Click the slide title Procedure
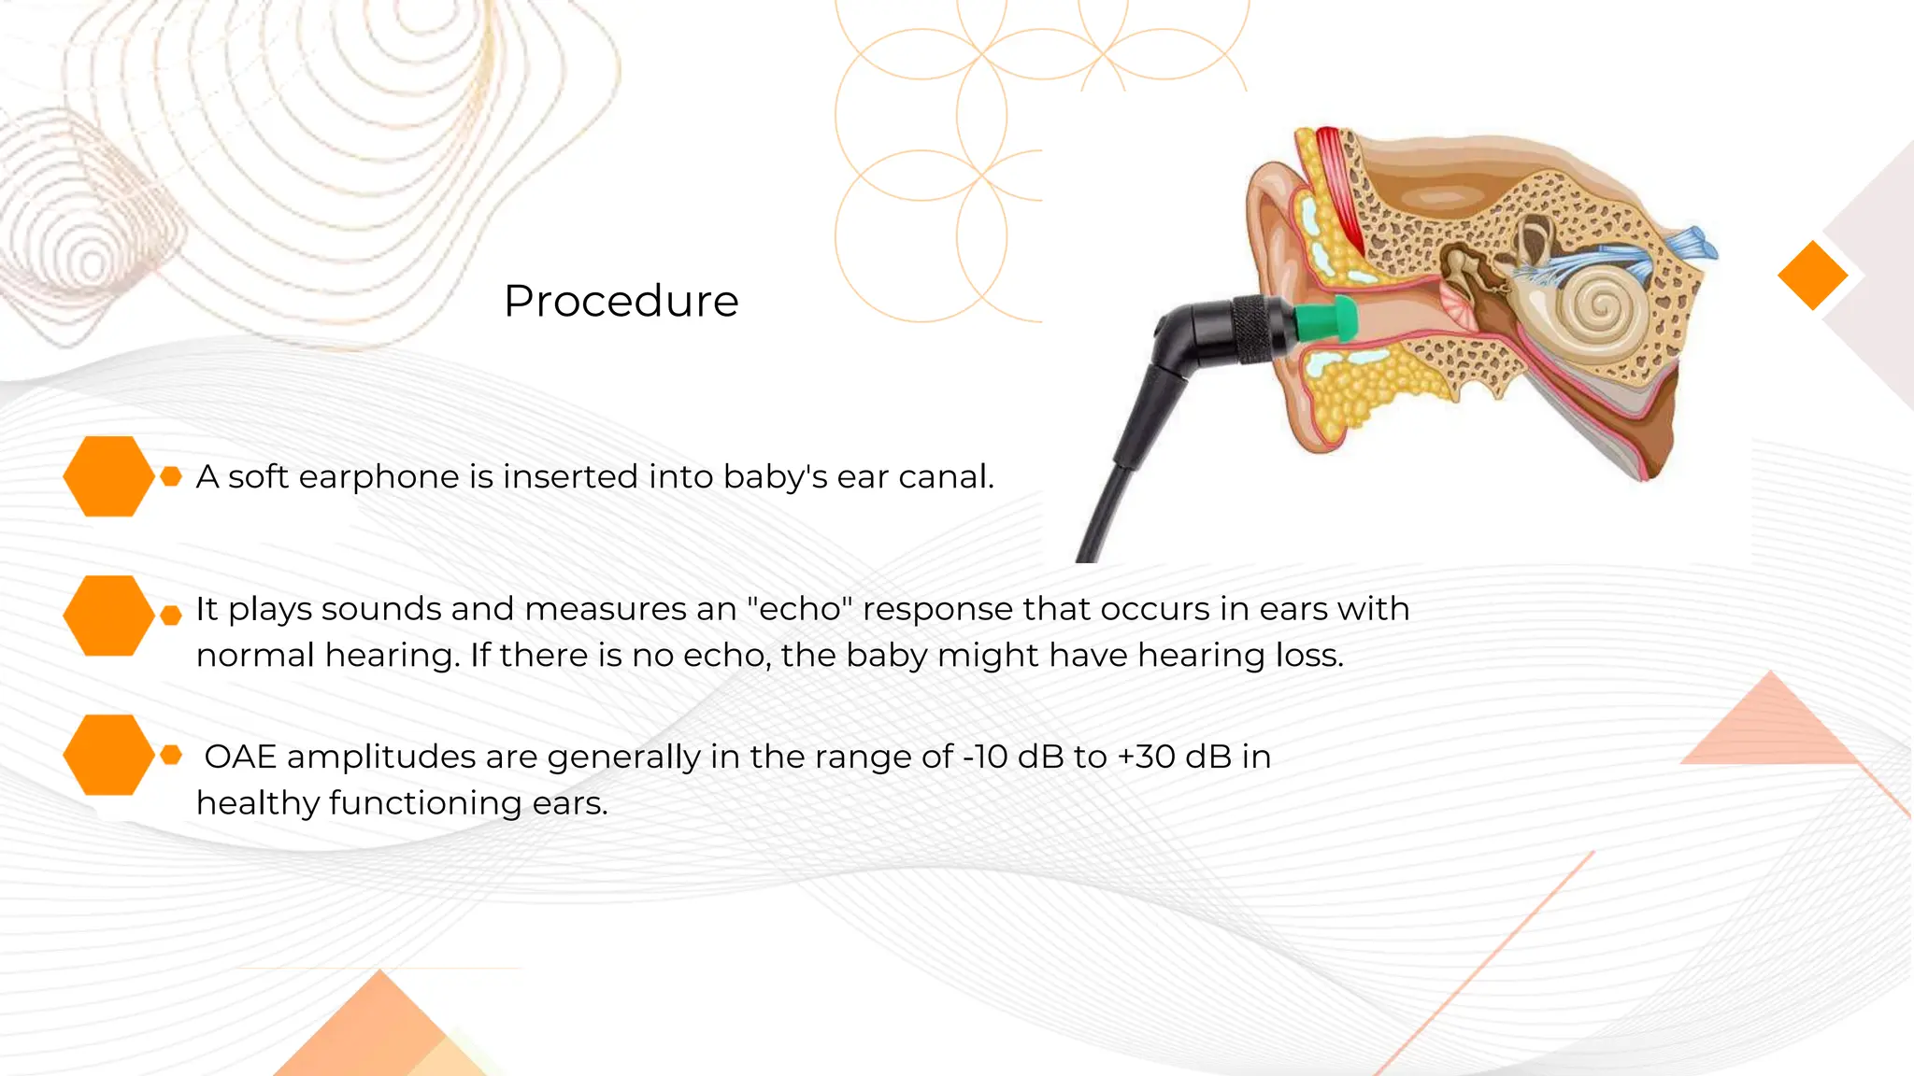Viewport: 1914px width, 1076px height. (621, 301)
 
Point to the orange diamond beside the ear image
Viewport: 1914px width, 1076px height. (1812, 275)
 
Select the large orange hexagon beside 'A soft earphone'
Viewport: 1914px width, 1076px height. (108, 476)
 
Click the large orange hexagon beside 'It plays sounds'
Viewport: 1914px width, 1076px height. (108, 615)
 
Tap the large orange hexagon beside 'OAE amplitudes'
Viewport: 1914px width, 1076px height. (108, 755)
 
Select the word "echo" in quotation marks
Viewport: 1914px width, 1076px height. (800, 609)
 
